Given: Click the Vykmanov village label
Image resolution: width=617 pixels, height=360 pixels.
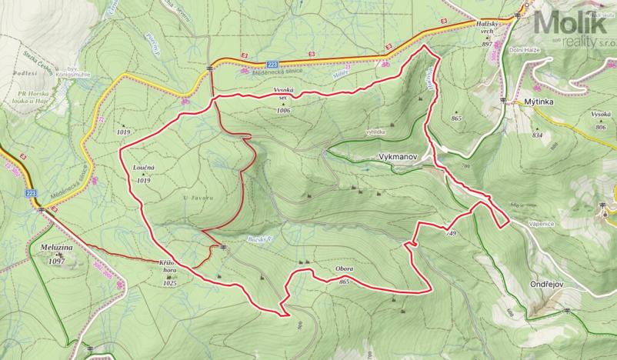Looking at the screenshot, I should click(x=398, y=155).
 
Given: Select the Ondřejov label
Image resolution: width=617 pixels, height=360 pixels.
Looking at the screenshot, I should click(x=548, y=284).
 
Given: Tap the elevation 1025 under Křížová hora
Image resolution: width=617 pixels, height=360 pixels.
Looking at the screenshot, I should click(x=170, y=284).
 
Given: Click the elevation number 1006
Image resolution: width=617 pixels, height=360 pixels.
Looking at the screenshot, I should click(x=283, y=111).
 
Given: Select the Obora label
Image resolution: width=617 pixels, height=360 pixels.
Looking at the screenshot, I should click(x=344, y=269).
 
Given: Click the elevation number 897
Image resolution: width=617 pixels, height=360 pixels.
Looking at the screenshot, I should click(x=486, y=45).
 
